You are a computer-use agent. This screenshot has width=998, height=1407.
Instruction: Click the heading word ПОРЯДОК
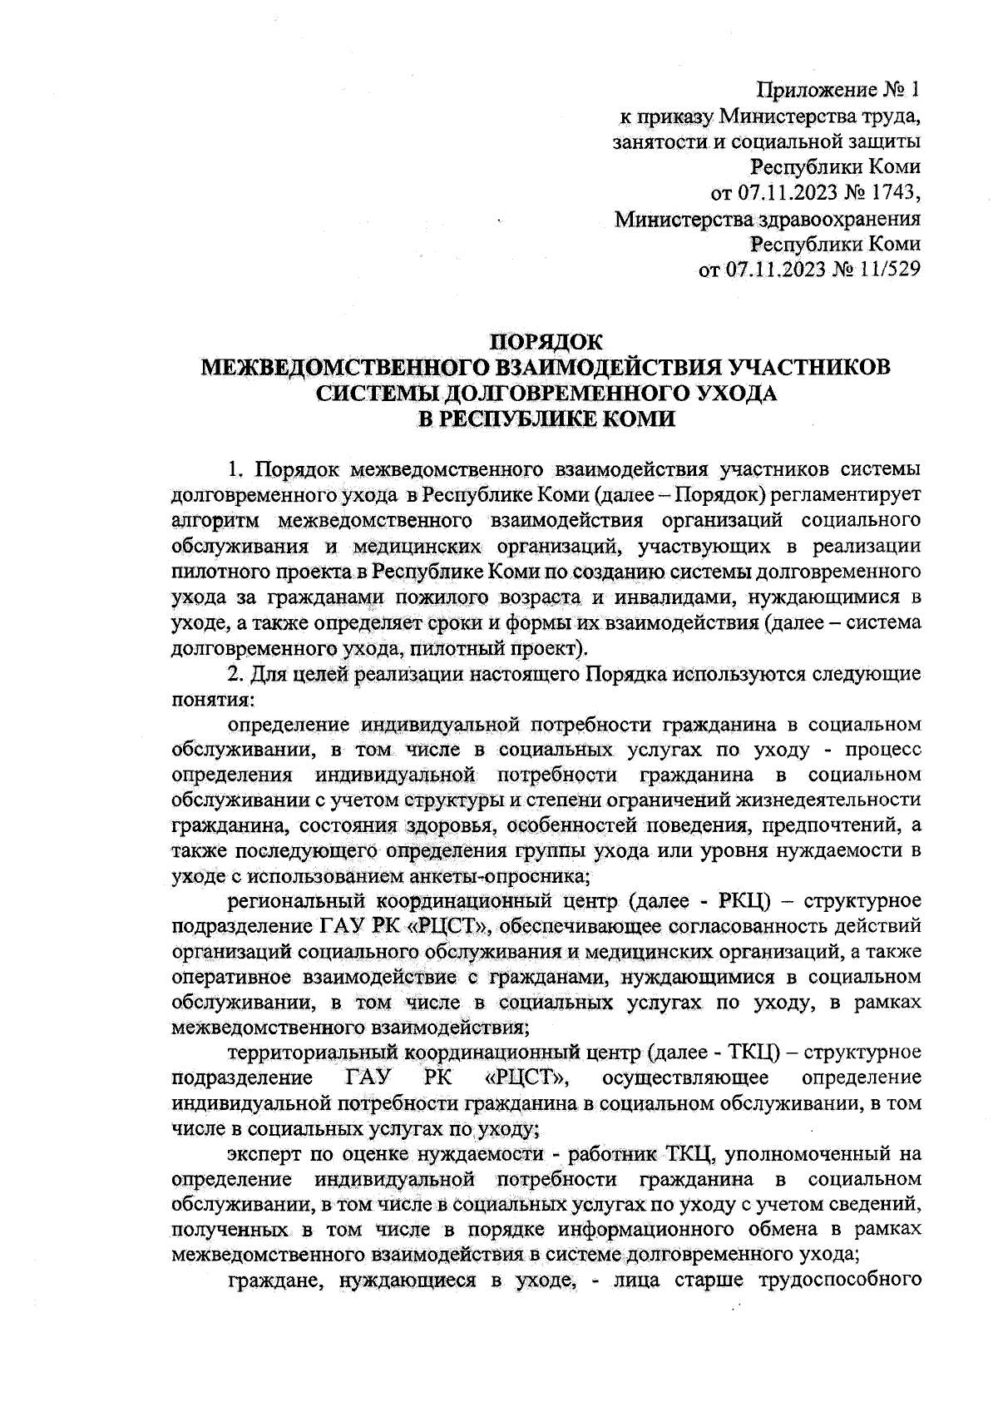546,342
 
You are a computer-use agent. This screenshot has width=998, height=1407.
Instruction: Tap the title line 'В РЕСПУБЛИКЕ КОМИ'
546,419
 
